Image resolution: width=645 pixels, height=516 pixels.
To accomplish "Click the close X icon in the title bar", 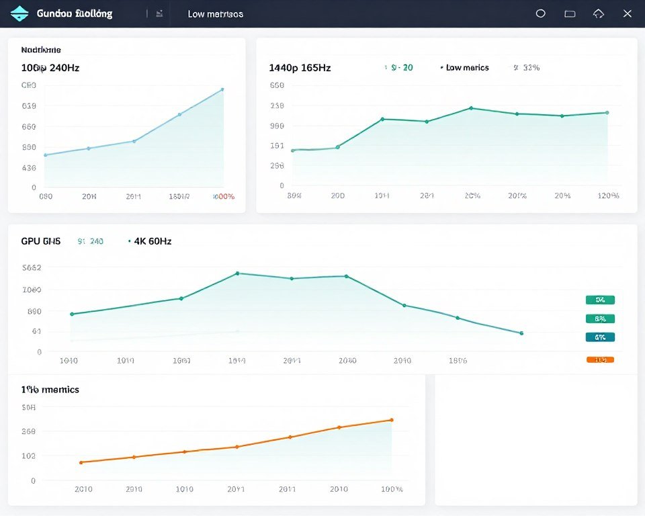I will tap(627, 13).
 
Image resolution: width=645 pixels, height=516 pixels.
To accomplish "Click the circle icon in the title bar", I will tap(540, 13).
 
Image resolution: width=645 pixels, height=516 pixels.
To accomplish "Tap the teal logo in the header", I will tap(20, 13).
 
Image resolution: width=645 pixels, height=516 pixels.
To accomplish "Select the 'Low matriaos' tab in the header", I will tap(215, 14).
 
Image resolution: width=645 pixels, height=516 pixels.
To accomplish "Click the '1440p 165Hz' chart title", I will tap(300, 68).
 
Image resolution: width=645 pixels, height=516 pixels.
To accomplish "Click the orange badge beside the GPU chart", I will tap(600, 359).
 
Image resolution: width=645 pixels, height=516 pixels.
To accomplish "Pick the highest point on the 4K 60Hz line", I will tap(237, 273).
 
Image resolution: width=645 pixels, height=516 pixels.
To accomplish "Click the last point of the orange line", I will tap(391, 420).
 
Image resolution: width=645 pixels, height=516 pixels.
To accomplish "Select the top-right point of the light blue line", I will tap(222, 89).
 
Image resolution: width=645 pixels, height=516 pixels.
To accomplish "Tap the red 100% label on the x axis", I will tap(224, 197).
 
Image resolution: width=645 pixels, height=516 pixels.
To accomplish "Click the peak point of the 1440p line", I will tap(471, 108).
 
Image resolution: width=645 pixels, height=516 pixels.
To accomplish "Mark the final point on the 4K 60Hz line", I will tap(521, 333).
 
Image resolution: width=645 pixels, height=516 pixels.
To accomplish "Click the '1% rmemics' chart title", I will tap(50, 390).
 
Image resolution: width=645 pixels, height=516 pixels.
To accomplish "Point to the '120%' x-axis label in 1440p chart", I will tap(608, 196).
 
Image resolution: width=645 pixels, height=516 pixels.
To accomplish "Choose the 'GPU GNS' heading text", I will tap(41, 241).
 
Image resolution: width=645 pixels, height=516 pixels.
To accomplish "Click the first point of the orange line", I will tap(81, 462).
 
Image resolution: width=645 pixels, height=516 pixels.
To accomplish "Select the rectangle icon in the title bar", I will tap(570, 13).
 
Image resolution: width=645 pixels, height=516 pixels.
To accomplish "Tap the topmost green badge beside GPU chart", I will tap(600, 300).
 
